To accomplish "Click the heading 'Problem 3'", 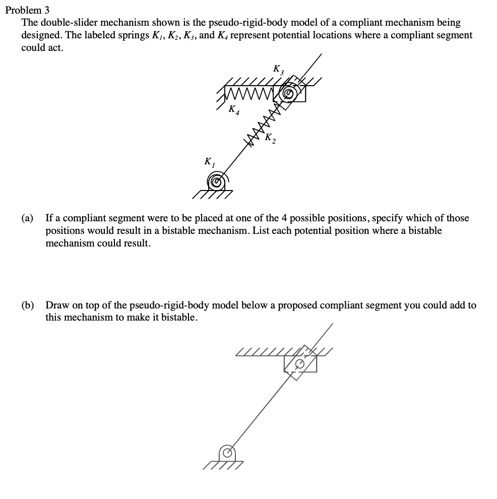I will pyautogui.click(x=28, y=10).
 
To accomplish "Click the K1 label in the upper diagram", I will pyautogui.click(x=208, y=163).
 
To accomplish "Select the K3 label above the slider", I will pyautogui.click(x=278, y=69).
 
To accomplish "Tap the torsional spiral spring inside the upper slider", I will pyautogui.click(x=289, y=93).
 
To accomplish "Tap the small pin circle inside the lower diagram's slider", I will pyautogui.click(x=300, y=363).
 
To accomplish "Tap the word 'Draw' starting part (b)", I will pyautogui.click(x=56, y=305).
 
